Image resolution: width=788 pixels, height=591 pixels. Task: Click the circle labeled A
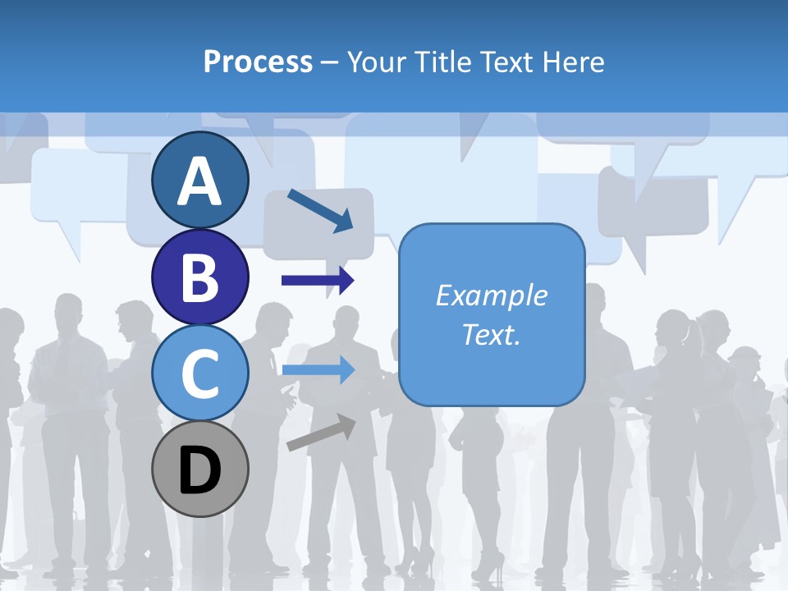pos(199,180)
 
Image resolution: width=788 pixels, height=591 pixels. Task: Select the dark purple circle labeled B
pos(199,277)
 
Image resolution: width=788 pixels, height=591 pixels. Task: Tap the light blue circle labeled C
pos(199,373)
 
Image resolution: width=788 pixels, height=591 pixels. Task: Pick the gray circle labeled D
pos(199,469)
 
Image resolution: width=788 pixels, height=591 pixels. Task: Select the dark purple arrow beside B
pos(318,281)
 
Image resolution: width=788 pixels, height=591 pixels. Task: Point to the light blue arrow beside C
pos(318,370)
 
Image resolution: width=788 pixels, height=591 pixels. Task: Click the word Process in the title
pos(258,62)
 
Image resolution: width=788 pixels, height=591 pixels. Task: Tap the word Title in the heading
pos(443,62)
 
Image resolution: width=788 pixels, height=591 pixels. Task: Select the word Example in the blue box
pos(491,295)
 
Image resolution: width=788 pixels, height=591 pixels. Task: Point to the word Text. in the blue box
pos(491,334)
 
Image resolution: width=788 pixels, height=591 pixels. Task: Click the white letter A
pos(199,181)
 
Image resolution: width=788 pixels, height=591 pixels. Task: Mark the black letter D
pos(199,470)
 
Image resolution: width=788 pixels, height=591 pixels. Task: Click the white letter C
pos(199,373)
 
